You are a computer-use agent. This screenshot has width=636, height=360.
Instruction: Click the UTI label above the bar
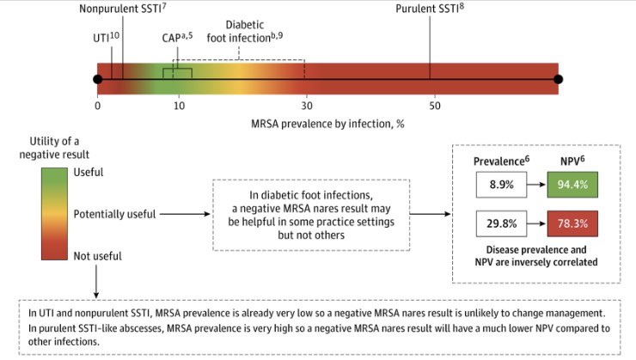[106, 38]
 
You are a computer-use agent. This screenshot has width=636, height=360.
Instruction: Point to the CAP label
[177, 38]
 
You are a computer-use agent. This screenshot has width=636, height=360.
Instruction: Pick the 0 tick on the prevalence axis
[98, 105]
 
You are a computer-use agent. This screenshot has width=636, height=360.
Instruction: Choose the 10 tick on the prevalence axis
[180, 105]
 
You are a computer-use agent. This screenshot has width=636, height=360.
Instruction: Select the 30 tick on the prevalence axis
[304, 105]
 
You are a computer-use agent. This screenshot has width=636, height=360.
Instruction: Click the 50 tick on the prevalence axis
[435, 105]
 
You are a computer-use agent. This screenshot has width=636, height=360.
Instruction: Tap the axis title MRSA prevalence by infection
[327, 124]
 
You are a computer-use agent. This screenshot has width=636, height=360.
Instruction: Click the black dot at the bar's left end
[97, 80]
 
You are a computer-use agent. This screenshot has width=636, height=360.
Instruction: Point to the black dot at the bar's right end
[558, 80]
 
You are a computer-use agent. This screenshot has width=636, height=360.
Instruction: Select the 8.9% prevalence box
[499, 186]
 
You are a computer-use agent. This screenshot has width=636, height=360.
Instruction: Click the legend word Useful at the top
[89, 172]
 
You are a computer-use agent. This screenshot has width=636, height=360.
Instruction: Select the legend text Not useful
[97, 256]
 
